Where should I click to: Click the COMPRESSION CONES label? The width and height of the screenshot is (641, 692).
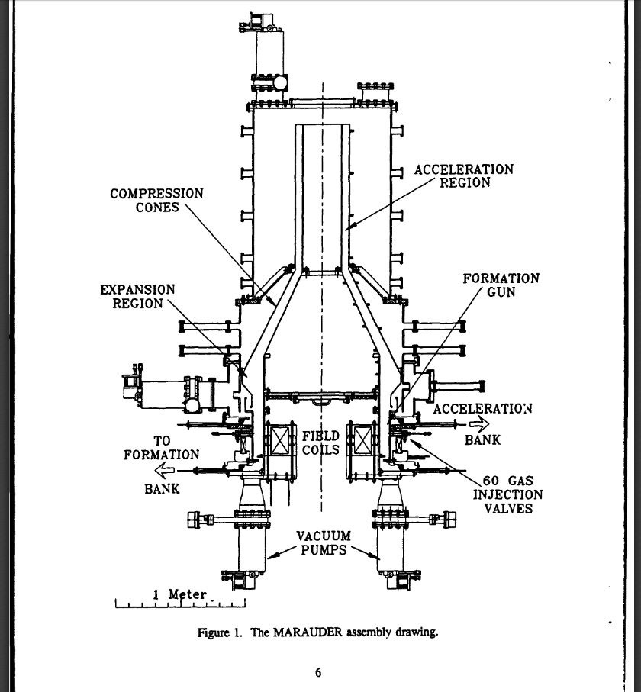157,201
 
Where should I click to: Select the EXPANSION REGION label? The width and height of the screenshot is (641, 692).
137,297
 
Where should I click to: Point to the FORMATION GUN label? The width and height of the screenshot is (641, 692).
501,285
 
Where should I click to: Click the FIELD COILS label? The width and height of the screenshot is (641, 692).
320,443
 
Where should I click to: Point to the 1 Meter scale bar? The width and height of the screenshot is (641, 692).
179,603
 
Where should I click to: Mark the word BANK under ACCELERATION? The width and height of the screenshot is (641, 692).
482,440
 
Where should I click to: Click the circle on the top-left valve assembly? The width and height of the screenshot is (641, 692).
280,82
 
